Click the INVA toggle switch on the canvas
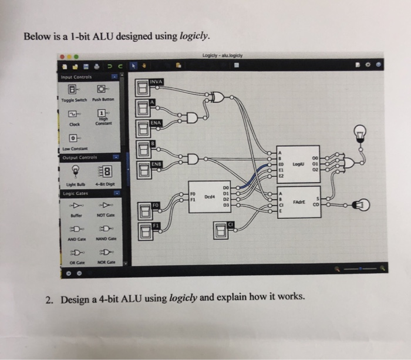[143, 89]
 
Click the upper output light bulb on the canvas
[360, 135]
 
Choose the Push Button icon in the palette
[102, 90]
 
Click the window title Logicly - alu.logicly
[221, 56]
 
